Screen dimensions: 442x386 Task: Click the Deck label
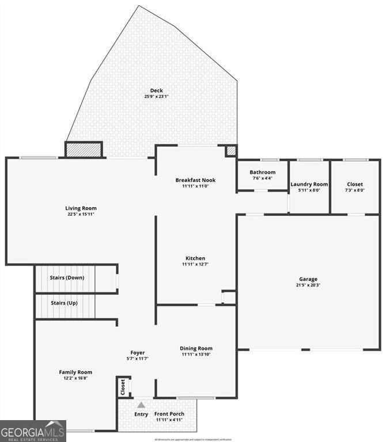(x=156, y=90)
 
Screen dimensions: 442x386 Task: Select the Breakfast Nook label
(x=195, y=180)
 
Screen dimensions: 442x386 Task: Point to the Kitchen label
(x=195, y=258)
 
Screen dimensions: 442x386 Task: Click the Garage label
(x=308, y=279)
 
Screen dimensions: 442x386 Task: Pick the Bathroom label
(x=262, y=172)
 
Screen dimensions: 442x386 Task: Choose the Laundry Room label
(x=309, y=184)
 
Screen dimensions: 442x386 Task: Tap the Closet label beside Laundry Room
(x=354, y=184)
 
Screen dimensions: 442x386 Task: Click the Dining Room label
(x=196, y=348)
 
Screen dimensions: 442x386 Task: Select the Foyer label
(x=137, y=353)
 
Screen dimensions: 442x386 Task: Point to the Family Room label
(x=75, y=372)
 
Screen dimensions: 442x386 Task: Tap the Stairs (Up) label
(x=65, y=303)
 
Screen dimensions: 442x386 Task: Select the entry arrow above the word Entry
(x=141, y=405)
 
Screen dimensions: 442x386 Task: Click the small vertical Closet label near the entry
(x=123, y=387)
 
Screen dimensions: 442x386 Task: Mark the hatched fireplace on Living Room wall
(x=84, y=150)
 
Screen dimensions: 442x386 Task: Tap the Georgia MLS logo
(x=33, y=431)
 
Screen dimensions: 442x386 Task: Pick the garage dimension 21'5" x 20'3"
(x=308, y=285)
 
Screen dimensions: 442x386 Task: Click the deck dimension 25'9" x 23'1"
(x=156, y=97)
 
